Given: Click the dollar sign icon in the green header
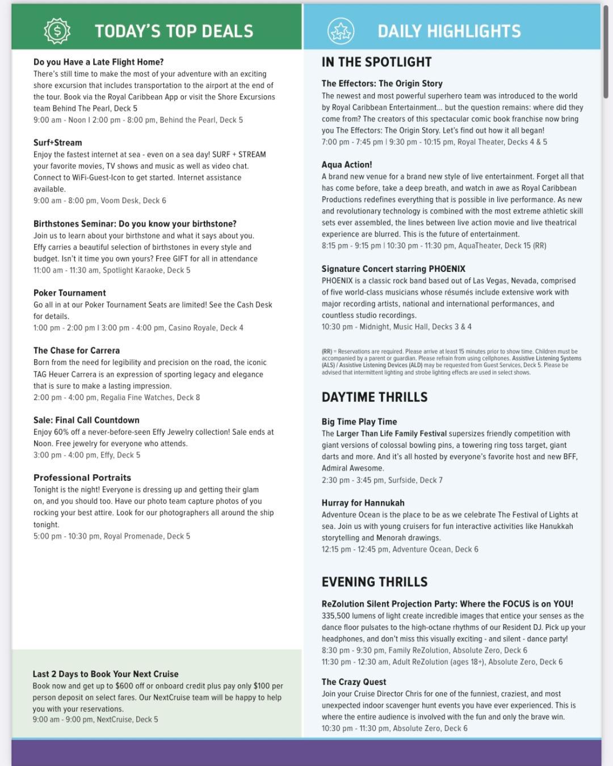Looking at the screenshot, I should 57,31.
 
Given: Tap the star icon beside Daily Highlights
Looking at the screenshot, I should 341,31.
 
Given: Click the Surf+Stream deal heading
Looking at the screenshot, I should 57,142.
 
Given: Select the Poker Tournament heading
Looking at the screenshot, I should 69,293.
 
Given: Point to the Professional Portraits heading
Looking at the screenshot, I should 82,478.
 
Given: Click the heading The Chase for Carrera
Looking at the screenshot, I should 77,351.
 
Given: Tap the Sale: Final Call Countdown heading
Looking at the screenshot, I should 86,420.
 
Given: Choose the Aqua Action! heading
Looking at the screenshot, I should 347,165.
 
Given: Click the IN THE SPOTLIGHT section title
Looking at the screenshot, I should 376,62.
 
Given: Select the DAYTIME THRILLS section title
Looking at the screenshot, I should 375,397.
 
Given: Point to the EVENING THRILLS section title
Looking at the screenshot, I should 375,582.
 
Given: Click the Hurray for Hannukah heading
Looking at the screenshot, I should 363,503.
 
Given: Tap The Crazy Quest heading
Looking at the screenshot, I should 354,682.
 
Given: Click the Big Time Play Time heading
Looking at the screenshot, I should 359,422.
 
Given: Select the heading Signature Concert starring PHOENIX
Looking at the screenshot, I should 393,269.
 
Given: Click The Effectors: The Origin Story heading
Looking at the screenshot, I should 382,83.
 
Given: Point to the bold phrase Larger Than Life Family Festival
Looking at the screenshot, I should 391,433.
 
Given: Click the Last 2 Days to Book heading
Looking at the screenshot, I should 106,674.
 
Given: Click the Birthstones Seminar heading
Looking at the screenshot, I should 135,224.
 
